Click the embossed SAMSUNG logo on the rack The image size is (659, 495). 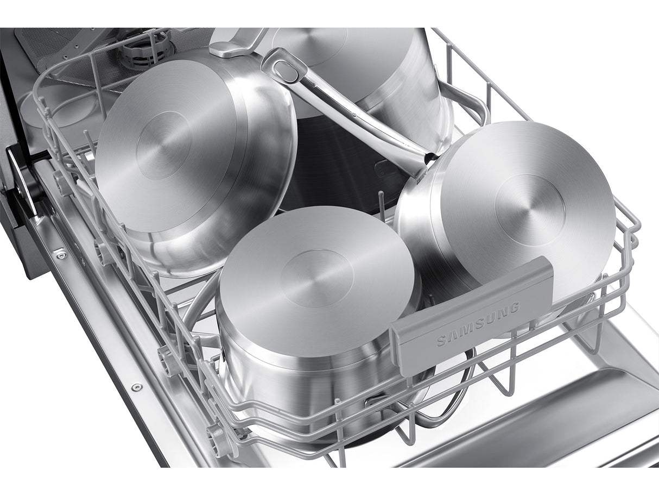[x=478, y=324]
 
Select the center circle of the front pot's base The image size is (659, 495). [x=317, y=278]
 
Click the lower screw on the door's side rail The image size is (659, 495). [x=137, y=387]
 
